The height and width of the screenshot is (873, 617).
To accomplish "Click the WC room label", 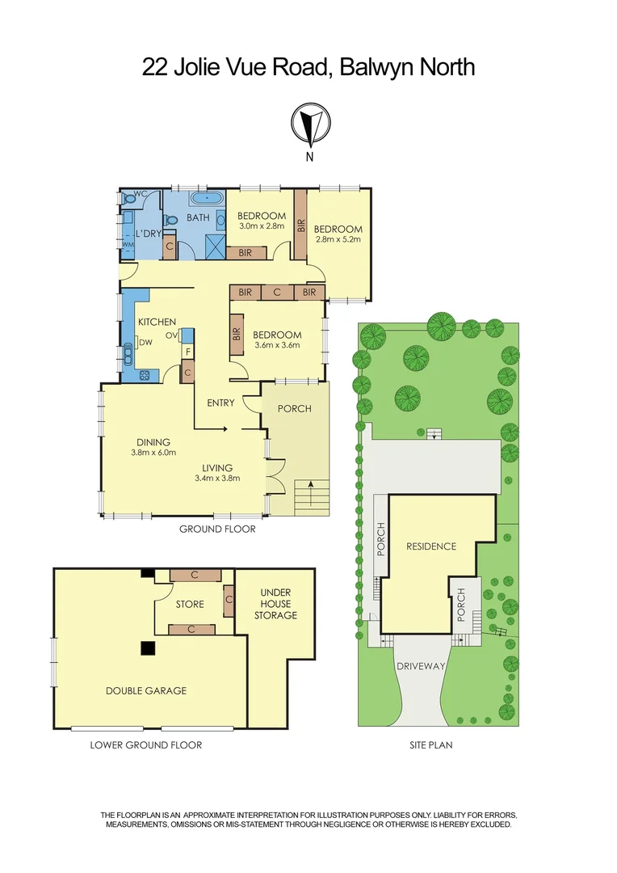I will point(140,194).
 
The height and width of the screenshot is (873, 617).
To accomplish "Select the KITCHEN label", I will point(157,322).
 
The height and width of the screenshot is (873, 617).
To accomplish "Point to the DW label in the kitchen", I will point(145,343).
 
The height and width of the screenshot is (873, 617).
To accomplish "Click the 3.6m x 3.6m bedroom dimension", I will point(277,345).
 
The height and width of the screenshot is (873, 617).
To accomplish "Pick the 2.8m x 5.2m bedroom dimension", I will point(338,239).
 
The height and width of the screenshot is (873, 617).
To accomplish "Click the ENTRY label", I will point(220,403).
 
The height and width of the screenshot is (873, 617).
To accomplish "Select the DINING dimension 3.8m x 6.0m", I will point(153,453).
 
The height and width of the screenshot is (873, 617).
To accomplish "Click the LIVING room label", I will point(218,467).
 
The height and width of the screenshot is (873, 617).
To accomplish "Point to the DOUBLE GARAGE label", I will point(146,690).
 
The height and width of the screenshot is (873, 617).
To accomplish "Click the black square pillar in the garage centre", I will point(148,647).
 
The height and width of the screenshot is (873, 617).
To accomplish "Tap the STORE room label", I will point(190,604).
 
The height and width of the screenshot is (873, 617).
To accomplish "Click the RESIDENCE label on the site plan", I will point(430,546).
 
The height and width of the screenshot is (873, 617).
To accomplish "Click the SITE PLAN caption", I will point(430,744).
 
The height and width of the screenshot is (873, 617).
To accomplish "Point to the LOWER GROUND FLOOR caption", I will point(146,744).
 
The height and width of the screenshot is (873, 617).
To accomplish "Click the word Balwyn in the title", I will point(374,66).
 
